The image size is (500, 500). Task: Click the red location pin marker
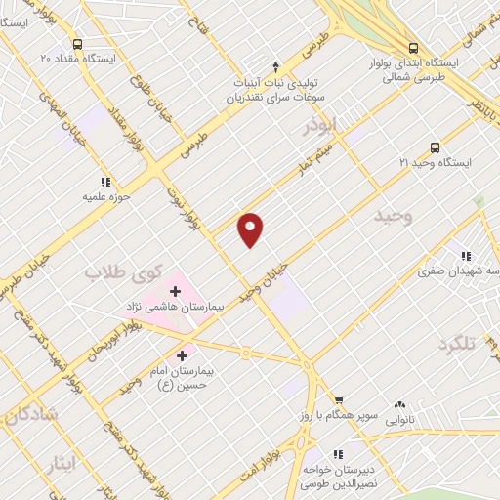click(x=251, y=229)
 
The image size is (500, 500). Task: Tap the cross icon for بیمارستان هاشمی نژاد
click(x=176, y=290)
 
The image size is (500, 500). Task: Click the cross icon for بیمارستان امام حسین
click(x=183, y=355)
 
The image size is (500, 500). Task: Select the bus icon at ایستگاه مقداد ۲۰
click(x=77, y=43)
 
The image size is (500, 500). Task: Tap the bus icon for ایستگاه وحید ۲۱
click(x=434, y=146)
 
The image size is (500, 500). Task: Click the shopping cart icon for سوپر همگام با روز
click(x=339, y=399)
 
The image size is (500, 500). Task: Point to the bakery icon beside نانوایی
click(x=398, y=404)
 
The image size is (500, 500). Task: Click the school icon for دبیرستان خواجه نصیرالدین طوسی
click(x=339, y=453)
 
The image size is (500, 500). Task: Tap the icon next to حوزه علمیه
click(x=105, y=181)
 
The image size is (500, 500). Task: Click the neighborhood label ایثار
click(x=60, y=464)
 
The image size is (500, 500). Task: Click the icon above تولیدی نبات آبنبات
click(x=275, y=66)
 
